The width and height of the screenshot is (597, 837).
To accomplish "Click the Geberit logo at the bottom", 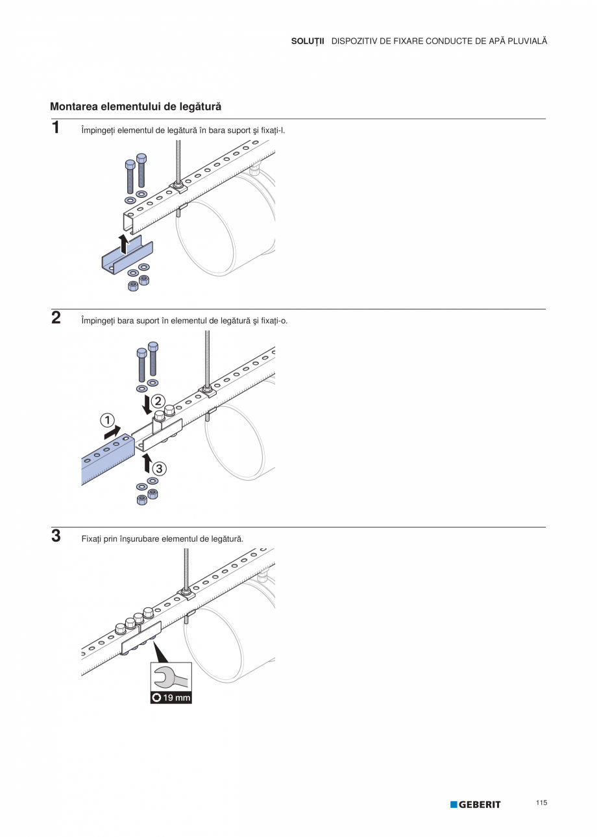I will click(x=476, y=805).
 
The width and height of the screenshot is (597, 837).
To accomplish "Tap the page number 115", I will click(x=542, y=803).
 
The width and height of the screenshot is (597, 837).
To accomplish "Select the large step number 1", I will click(x=56, y=128).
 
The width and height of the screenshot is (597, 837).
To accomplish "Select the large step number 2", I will click(x=56, y=318).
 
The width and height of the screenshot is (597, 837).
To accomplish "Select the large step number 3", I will click(x=56, y=537).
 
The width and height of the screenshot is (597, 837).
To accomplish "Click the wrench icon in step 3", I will click(x=171, y=678).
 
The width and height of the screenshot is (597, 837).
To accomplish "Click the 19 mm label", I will click(x=171, y=698).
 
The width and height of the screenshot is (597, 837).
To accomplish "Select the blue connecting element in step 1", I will click(x=127, y=255).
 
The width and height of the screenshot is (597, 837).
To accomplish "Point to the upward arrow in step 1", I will click(x=123, y=244).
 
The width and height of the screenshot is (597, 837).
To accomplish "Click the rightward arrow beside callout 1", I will click(x=112, y=431).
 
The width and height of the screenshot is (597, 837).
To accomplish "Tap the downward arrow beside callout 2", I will click(x=147, y=404).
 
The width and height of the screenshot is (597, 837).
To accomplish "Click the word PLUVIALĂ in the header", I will click(x=524, y=41).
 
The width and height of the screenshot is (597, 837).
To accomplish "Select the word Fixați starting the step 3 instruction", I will click(x=91, y=539).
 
